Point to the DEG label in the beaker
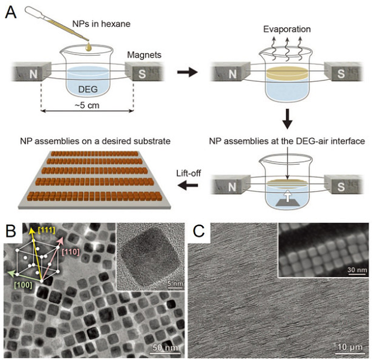[87, 89]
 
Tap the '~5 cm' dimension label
[87, 121]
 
